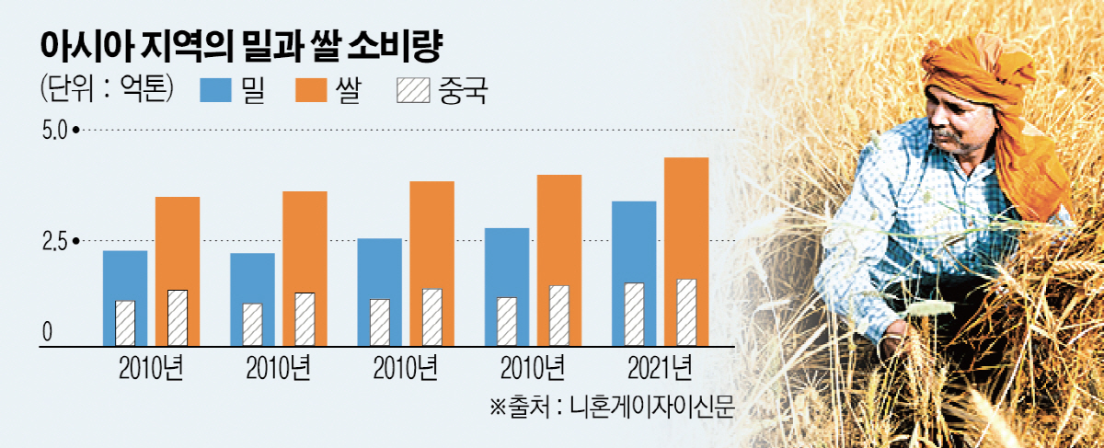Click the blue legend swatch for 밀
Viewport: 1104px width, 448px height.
[x=215, y=90]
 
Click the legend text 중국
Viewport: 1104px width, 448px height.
[x=458, y=90]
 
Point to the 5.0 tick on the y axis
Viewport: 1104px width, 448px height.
[x=54, y=132]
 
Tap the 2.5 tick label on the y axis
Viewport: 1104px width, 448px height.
[x=54, y=241]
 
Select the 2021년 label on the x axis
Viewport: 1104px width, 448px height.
[x=657, y=368]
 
